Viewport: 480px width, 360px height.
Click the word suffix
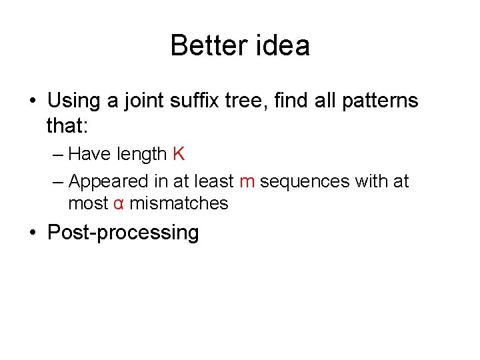pos(199,101)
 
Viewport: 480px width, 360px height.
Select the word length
pos(141,154)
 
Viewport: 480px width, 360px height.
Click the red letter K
pos(178,154)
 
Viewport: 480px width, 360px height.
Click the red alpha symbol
pos(118,203)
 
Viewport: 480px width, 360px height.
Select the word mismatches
pos(179,203)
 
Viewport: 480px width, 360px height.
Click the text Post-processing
pos(123,233)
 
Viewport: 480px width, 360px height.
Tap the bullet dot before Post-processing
pos(33,233)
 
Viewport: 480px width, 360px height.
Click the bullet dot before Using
pos(33,102)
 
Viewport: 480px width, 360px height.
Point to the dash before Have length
pos(57,155)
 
